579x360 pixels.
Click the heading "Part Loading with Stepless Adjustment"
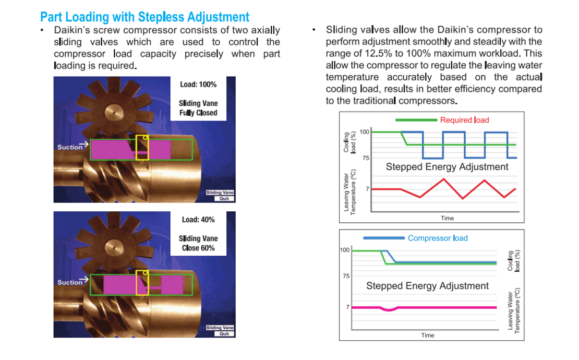(145, 17)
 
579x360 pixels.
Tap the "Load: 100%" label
(198, 85)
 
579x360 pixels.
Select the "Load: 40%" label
(198, 220)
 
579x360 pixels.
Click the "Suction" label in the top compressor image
(70, 147)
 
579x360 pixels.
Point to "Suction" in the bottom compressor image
(70, 282)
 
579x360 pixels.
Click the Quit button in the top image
(224, 199)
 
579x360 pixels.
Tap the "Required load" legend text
(465, 120)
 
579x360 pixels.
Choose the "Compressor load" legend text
(438, 238)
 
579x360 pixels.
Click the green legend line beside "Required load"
(416, 120)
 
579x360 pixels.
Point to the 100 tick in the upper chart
(364, 132)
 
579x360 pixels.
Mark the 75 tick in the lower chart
(346, 276)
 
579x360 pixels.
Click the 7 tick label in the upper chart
(367, 189)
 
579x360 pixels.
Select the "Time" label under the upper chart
(447, 218)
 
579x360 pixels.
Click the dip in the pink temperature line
(389, 310)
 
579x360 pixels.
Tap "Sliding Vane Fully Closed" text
(198, 108)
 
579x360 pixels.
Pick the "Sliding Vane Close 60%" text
(198, 243)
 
